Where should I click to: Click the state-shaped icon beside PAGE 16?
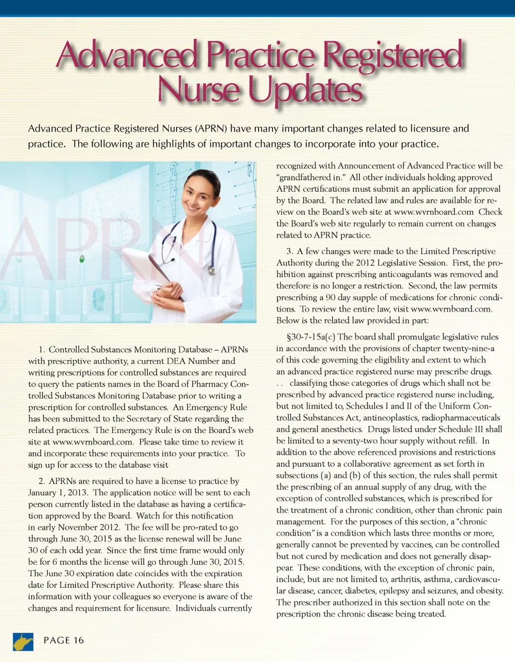(x=22, y=641)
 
